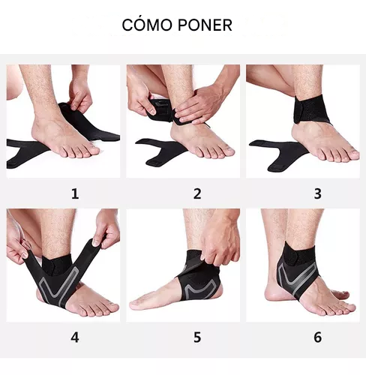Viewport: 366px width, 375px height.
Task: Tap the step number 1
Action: coord(74,193)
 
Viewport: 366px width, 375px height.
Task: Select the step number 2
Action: coord(197,193)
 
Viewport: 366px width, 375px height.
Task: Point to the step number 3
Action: coord(317,193)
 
